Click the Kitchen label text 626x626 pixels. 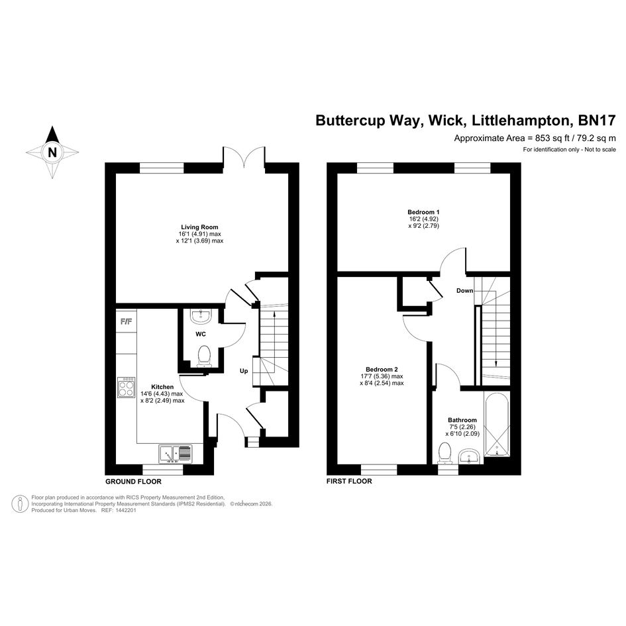162,387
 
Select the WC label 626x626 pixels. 201,335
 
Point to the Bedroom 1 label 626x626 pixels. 423,212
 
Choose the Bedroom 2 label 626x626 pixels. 382,369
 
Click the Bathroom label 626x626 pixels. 462,420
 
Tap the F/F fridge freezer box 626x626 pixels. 125,322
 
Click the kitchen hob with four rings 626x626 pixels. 126,388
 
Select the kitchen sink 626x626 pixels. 176,454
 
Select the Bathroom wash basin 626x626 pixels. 470,456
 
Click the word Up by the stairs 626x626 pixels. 244,371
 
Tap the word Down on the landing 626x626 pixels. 464,291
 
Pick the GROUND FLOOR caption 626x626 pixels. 131,482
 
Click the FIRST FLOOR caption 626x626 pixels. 349,482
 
